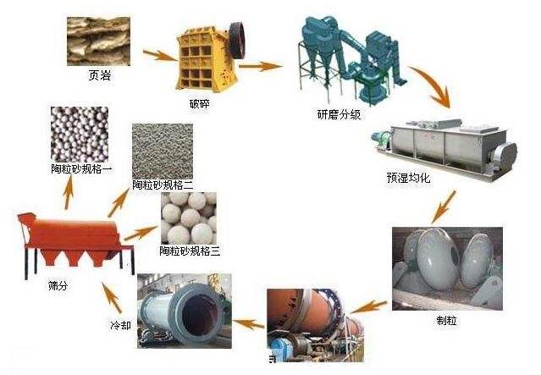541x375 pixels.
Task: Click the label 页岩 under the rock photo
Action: click(99, 75)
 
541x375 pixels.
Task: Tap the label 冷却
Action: click(120, 325)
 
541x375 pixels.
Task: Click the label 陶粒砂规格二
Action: click(163, 183)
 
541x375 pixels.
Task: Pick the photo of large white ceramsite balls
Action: click(187, 216)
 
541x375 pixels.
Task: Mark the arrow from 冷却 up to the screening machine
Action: click(109, 297)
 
